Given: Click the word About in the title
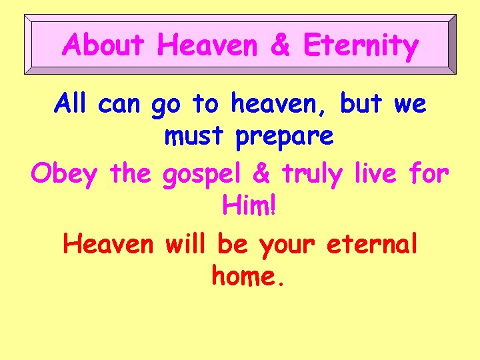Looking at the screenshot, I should pos(103,45).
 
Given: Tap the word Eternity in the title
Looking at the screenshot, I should pos(361,45).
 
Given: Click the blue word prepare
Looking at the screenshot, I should pos(284,137).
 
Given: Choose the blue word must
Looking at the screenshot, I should pos(196,137).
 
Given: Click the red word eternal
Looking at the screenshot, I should pos(373,244).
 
